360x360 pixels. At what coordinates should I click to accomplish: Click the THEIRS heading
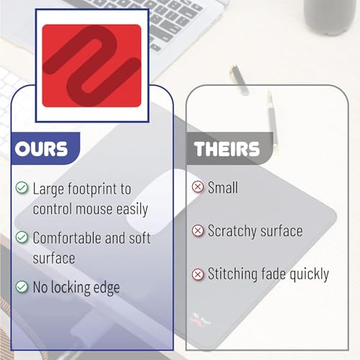(x=226, y=150)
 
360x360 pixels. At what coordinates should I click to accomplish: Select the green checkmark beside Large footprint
(x=22, y=189)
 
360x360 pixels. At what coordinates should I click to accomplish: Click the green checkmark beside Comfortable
(x=22, y=237)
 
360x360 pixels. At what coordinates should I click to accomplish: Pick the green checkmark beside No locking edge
(x=22, y=287)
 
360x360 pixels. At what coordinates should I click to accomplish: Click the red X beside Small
(x=197, y=187)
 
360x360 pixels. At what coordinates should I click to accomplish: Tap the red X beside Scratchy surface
(x=197, y=231)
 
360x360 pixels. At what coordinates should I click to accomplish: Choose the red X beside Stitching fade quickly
(x=197, y=274)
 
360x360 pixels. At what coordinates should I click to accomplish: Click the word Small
(x=223, y=187)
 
